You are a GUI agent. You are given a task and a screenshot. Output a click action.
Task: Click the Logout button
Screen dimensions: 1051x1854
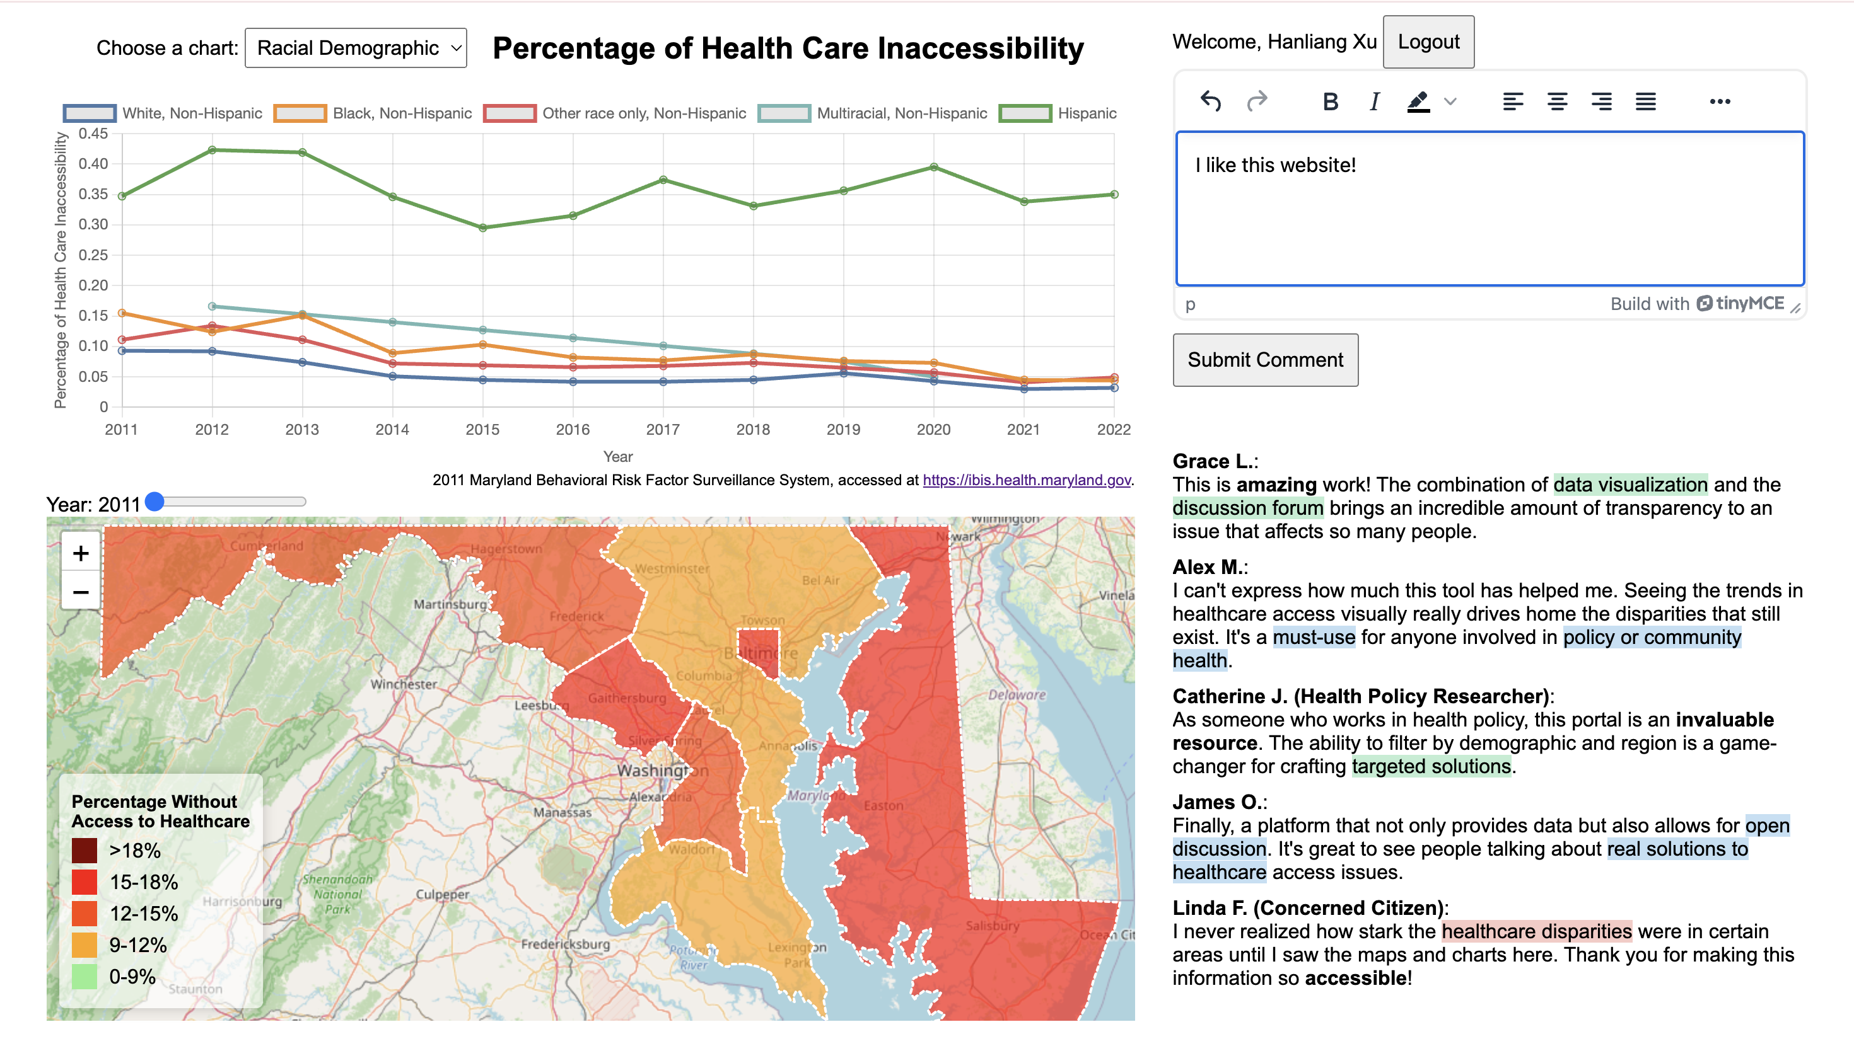pyautogui.click(x=1428, y=42)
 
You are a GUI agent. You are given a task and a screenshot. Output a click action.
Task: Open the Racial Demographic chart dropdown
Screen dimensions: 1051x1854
pyautogui.click(x=355, y=49)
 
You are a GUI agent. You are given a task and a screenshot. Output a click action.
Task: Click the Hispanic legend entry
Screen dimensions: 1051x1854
pyautogui.click(x=1058, y=113)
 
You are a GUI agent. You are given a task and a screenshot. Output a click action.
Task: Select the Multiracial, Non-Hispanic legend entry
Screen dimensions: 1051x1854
pyautogui.click(x=873, y=113)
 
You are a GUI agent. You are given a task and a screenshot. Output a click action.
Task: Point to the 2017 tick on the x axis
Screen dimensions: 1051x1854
pyautogui.click(x=662, y=430)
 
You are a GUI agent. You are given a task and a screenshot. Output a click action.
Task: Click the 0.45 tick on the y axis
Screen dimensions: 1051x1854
pyautogui.click(x=93, y=134)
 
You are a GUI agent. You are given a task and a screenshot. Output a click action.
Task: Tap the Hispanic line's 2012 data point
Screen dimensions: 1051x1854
pyautogui.click(x=213, y=150)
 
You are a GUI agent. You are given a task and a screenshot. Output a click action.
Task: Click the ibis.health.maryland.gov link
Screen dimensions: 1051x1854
pyautogui.click(x=1026, y=480)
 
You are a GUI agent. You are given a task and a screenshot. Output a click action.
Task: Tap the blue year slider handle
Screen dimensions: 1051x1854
pyautogui.click(x=154, y=502)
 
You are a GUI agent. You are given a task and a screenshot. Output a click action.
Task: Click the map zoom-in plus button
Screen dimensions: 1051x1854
pyautogui.click(x=81, y=554)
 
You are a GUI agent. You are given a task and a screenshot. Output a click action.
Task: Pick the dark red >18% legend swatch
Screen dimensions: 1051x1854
pyautogui.click(x=85, y=851)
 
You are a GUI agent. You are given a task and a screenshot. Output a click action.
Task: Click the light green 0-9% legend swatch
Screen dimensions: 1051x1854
pyautogui.click(x=85, y=977)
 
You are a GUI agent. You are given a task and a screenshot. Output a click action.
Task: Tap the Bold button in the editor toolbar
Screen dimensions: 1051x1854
pyautogui.click(x=1331, y=102)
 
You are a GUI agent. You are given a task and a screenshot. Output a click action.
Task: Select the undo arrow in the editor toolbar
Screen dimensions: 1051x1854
pyautogui.click(x=1211, y=102)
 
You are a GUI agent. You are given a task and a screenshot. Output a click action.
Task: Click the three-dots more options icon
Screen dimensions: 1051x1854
pyautogui.click(x=1720, y=102)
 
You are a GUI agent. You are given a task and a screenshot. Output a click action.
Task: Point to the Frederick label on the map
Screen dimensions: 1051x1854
pyautogui.click(x=576, y=616)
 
